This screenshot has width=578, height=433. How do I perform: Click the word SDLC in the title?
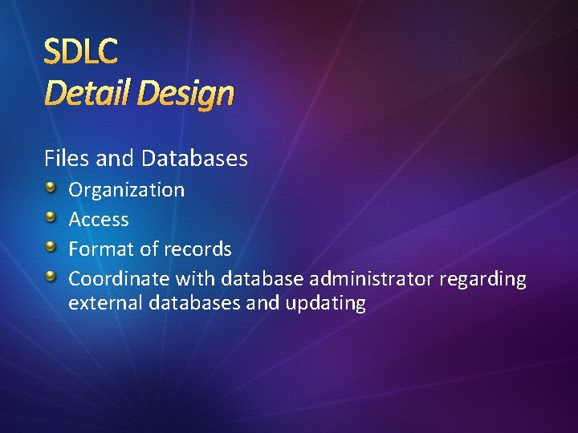click(80, 52)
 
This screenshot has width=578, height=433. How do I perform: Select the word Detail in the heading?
click(87, 94)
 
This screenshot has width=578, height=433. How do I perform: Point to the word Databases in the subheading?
click(194, 159)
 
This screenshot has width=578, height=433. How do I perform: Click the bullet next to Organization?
click(51, 188)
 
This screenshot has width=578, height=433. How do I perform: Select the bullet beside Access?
click(51, 218)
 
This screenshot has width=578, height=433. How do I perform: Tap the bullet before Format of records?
click(51, 248)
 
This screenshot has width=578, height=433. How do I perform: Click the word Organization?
click(126, 190)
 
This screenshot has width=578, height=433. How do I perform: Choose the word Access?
click(99, 220)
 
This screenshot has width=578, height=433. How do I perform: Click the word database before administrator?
click(262, 279)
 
